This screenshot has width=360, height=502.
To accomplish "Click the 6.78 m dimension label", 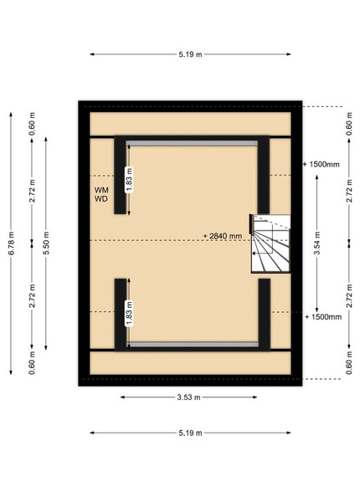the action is click(x=11, y=243).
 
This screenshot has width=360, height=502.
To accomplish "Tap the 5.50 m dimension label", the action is click(x=46, y=243).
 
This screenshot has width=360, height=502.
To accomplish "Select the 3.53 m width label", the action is click(x=188, y=397).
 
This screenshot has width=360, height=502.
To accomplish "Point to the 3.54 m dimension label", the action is click(x=317, y=243).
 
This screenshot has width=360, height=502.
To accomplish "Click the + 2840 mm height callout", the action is click(x=223, y=236).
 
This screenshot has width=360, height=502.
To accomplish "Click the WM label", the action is click(x=101, y=190).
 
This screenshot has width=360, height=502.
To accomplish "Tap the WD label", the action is click(x=101, y=199).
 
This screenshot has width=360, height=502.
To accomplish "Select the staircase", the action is click(x=270, y=244).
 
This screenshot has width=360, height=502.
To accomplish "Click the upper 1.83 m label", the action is click(x=129, y=180).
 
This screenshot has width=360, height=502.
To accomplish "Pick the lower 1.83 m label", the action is click(x=129, y=314).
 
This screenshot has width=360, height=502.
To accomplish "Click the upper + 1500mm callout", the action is click(x=321, y=165).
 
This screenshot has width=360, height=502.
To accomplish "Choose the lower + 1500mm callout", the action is click(x=323, y=317).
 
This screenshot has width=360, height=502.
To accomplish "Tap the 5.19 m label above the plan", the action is click(x=190, y=54).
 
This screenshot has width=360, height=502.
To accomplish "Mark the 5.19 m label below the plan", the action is click(x=190, y=433).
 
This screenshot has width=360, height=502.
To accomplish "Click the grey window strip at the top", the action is click(x=192, y=143).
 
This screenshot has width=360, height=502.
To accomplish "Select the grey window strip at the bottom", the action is click(x=193, y=345).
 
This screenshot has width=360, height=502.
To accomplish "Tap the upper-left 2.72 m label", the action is click(x=32, y=191).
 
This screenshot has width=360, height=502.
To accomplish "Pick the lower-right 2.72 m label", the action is click(x=349, y=295).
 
